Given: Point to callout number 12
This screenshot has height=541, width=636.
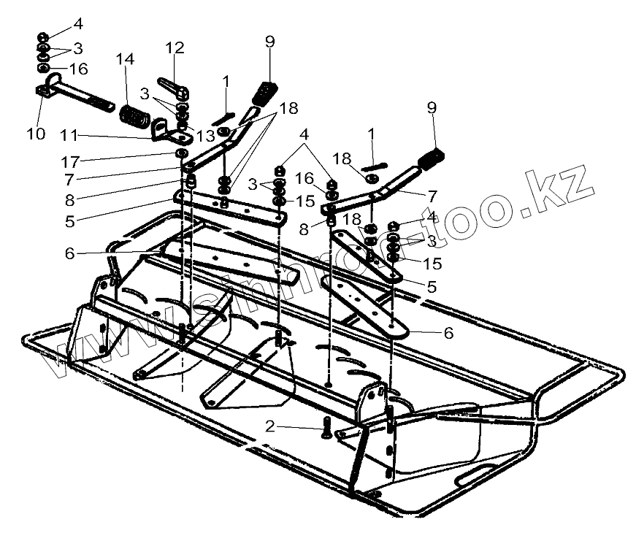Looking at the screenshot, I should click(x=175, y=49).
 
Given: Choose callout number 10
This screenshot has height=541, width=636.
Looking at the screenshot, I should click(x=36, y=134).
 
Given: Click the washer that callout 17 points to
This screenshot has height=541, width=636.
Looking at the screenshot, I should click(x=180, y=153).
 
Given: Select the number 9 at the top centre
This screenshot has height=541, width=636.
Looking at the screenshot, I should click(x=270, y=42).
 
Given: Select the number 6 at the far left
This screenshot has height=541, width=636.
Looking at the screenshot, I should click(x=69, y=253).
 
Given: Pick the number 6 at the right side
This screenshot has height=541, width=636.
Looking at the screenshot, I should click(x=448, y=333).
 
